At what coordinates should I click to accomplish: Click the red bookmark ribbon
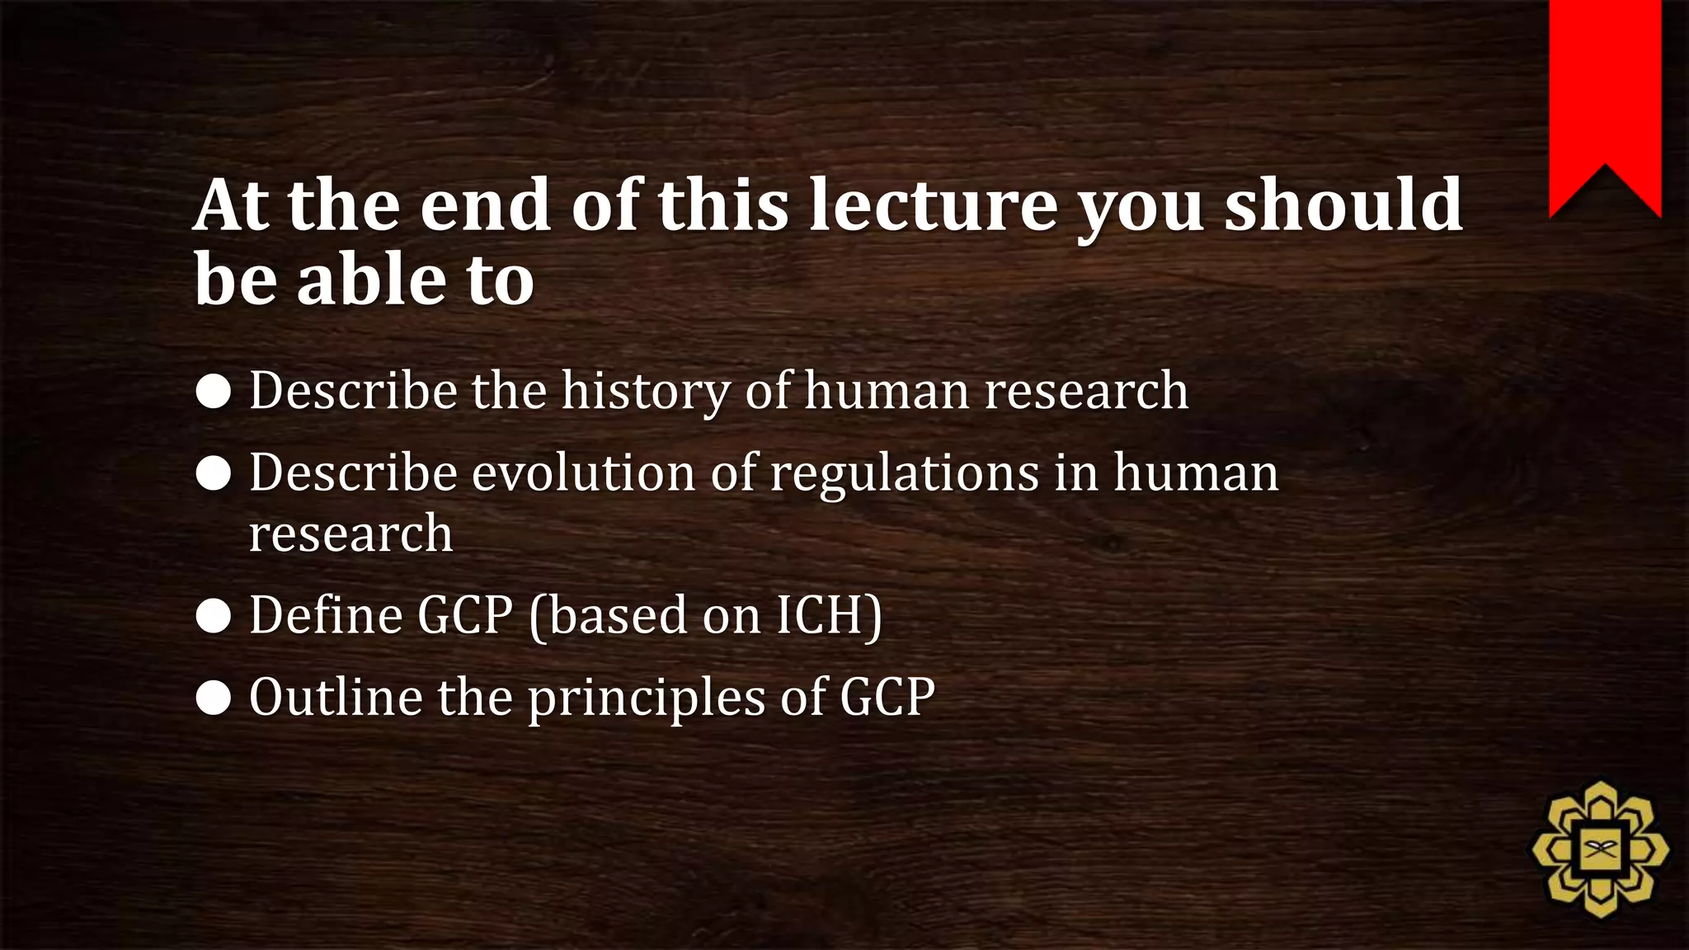pyautogui.click(x=1605, y=91)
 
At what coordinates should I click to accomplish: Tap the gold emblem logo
pyautogui.click(x=1600, y=849)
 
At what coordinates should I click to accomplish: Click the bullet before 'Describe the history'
pyautogui.click(x=214, y=393)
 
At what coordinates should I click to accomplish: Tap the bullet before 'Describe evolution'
pyautogui.click(x=214, y=474)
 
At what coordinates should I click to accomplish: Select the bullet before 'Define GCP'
pyautogui.click(x=214, y=617)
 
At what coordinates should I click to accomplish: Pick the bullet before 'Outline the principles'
pyautogui.click(x=214, y=698)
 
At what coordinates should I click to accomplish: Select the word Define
pyautogui.click(x=325, y=615)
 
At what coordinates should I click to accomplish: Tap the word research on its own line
pyautogui.click(x=351, y=534)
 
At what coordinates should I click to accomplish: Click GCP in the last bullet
pyautogui.click(x=887, y=697)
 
